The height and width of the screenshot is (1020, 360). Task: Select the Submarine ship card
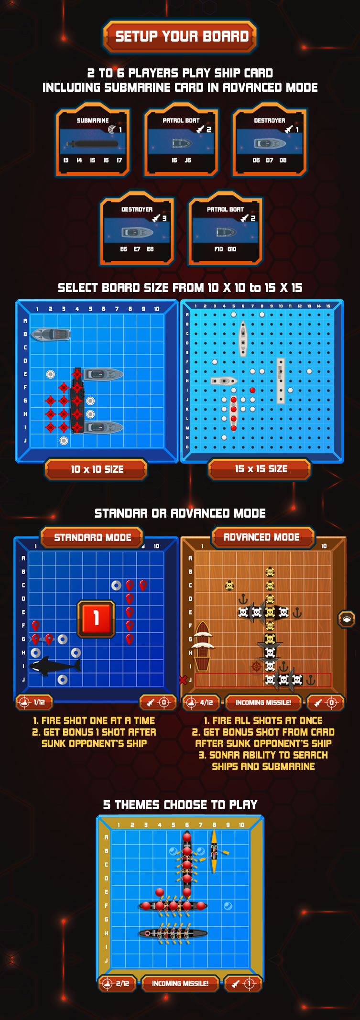93,140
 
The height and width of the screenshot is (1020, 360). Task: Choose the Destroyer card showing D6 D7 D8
270,140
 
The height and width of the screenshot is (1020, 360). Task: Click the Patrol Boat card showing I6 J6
181,140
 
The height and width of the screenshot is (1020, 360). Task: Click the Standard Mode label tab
92,537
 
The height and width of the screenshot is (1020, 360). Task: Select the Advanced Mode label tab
262,537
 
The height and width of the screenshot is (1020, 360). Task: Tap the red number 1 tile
96,619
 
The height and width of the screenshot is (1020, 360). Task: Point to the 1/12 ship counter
34,702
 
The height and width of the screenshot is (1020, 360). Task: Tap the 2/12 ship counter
117,983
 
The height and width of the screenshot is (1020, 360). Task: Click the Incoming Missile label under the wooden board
263,702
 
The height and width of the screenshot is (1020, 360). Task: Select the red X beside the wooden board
183,679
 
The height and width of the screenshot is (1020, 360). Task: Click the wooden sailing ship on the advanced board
203,646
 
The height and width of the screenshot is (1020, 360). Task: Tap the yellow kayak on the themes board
214,851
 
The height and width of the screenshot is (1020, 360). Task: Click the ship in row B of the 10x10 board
51,334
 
